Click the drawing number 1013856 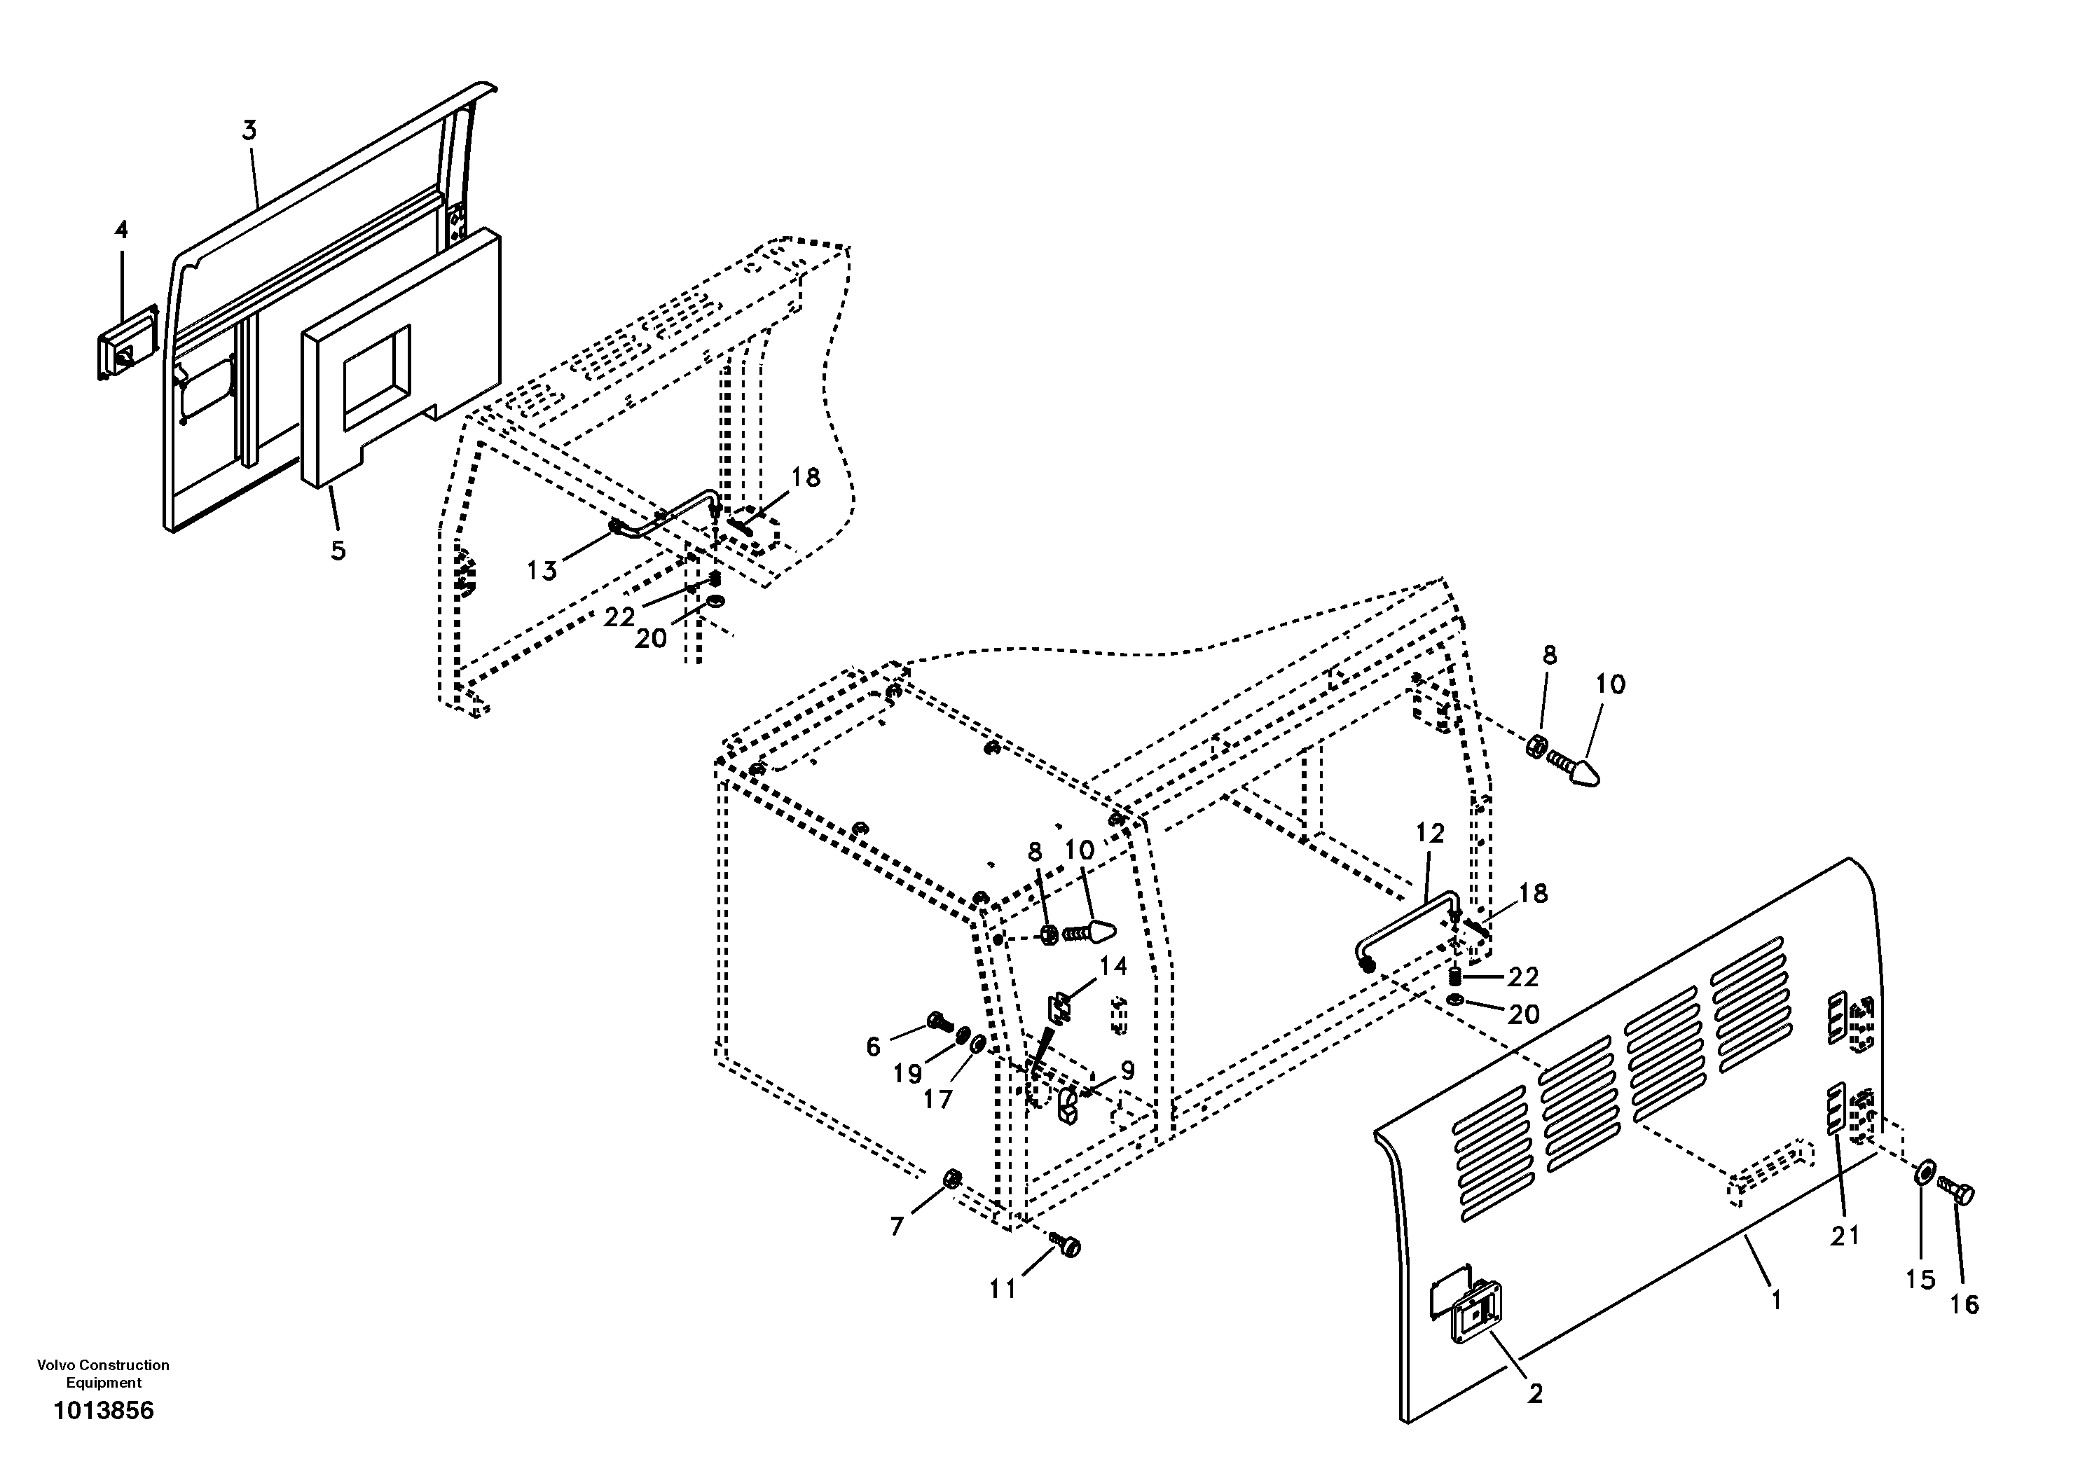104,1410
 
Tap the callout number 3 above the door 249,131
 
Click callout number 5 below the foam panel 338,551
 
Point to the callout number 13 542,570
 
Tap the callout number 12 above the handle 1429,834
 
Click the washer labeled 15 1922,1173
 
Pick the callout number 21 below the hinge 1845,1236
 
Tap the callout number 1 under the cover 1775,1300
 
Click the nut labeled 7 954,1179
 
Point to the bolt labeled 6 939,1023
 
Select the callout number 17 938,1099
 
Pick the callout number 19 907,1075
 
